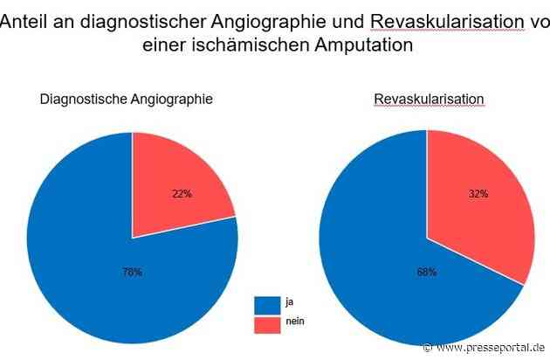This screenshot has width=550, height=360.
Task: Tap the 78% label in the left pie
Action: [x=132, y=273]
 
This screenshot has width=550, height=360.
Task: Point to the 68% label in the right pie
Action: [x=428, y=273]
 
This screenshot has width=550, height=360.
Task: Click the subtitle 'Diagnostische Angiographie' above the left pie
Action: [x=127, y=100]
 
